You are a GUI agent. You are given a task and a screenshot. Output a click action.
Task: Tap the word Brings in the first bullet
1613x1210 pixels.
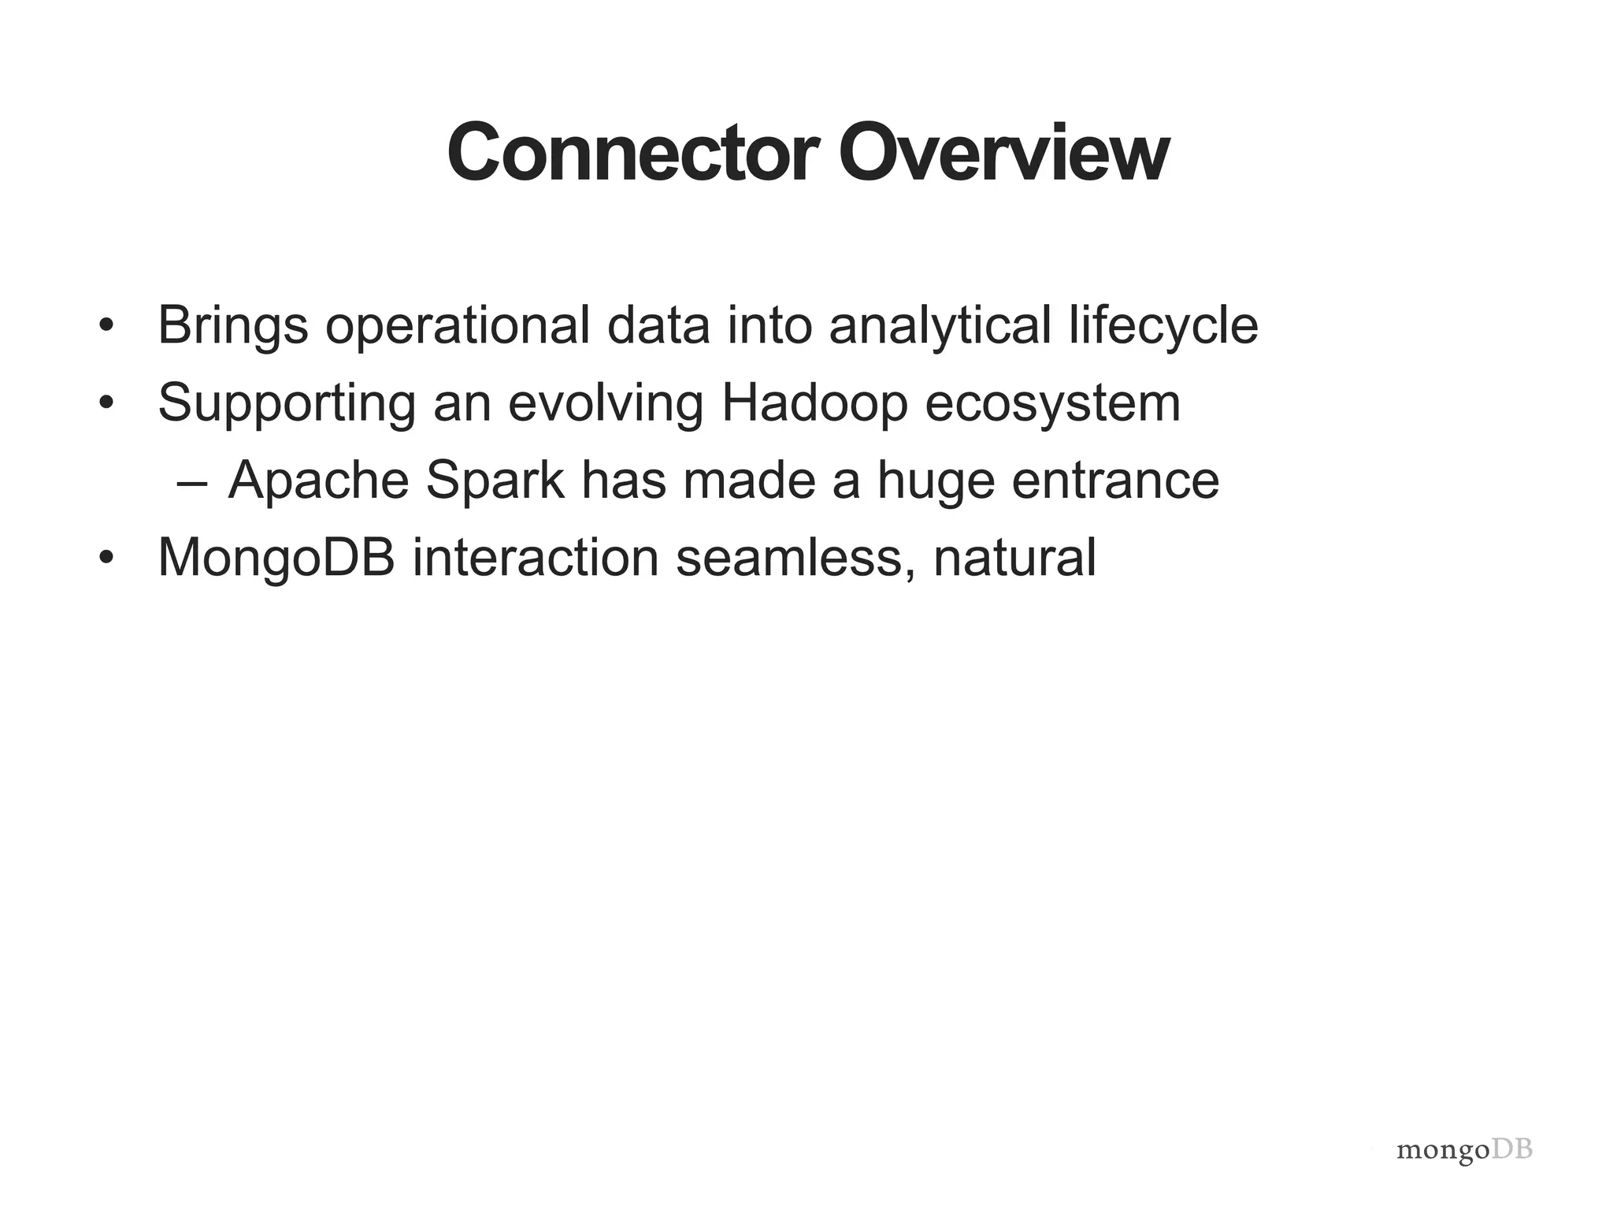[232, 326]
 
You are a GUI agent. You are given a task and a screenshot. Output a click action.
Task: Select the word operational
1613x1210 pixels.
[458, 326]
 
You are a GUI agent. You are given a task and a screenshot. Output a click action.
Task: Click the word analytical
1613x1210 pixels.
[940, 326]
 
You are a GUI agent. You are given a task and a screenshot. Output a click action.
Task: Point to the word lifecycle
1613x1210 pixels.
[1163, 326]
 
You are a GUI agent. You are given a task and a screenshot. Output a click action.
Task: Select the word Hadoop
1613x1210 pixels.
[814, 403]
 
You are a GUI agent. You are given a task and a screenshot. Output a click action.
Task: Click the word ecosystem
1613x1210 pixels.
[1053, 403]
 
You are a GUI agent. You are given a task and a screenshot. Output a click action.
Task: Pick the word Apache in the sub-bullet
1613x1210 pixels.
[318, 481]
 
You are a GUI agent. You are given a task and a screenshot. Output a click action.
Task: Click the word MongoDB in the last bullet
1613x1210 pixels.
[276, 558]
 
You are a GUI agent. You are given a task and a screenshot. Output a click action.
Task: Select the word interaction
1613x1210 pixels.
[536, 558]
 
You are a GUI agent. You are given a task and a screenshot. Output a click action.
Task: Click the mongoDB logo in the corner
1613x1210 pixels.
[1464, 1150]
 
